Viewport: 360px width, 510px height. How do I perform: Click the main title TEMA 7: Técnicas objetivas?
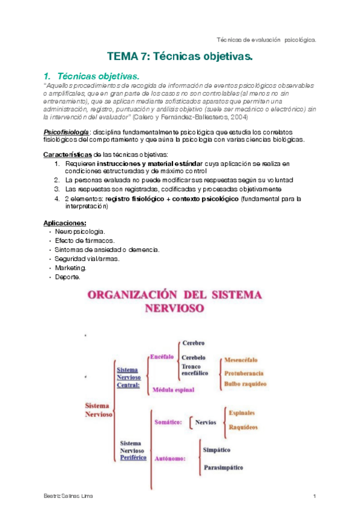(180, 58)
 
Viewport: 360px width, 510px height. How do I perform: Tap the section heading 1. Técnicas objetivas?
(91, 76)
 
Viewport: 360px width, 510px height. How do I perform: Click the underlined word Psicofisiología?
(66, 131)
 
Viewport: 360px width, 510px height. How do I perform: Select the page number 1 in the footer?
(314, 496)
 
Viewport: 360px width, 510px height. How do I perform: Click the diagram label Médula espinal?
(174, 390)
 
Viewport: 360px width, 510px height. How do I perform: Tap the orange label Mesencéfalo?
(241, 360)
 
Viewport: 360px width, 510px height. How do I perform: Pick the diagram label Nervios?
(206, 422)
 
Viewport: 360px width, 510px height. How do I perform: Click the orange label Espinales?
(242, 413)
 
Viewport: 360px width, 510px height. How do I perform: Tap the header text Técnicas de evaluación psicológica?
(266, 39)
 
